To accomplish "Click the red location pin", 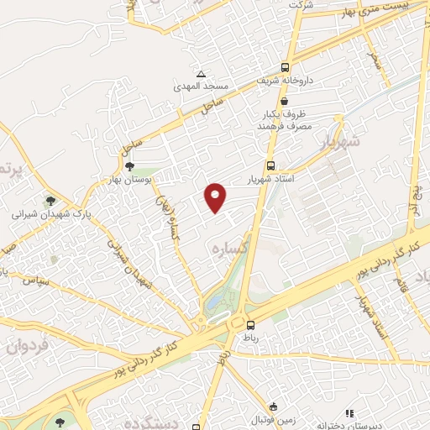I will (x=216, y=197).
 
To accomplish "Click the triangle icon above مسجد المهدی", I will (x=200, y=74).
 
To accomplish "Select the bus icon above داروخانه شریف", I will (x=286, y=67).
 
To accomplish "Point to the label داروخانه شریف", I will (x=286, y=81).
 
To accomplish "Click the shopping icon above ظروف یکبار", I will (x=286, y=101).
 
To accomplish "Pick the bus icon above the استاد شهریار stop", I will (x=270, y=165).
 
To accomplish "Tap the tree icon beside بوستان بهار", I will (x=128, y=167).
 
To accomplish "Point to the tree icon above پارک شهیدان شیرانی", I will (x=52, y=200).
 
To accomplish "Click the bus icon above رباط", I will (x=250, y=324).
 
